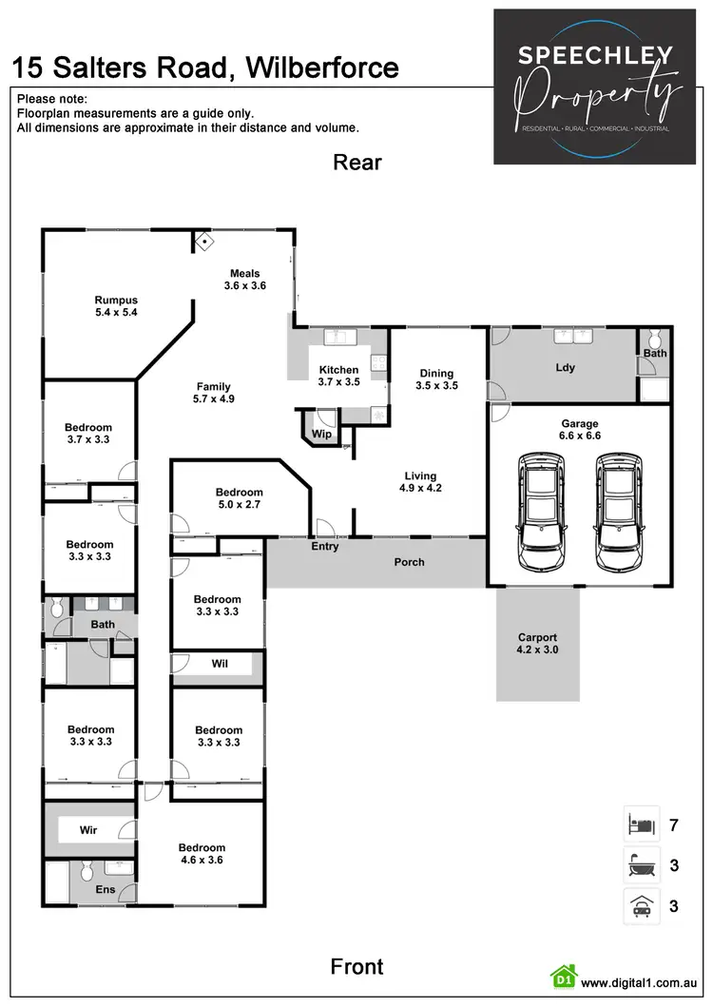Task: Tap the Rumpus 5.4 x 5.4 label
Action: point(116,306)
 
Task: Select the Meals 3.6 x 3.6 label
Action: point(244,280)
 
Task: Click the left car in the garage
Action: point(538,513)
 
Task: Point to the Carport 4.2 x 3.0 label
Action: point(537,644)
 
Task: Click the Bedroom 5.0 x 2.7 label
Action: point(238,498)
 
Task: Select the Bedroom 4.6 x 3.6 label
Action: point(202,854)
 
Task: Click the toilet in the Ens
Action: point(86,870)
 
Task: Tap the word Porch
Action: point(410,562)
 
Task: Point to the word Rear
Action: point(356,163)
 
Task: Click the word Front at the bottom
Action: point(356,967)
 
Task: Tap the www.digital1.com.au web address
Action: point(640,982)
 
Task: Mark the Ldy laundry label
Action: point(565,367)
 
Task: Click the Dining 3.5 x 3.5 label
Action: point(437,379)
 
